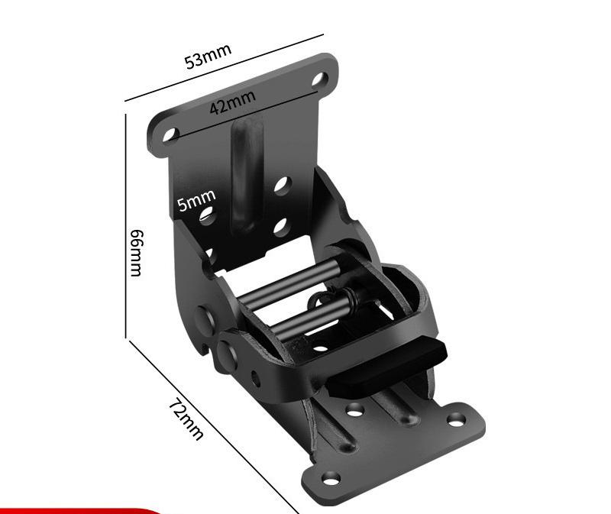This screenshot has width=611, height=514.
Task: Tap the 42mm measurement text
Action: (232, 102)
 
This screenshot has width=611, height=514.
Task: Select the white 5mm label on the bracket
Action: (196, 202)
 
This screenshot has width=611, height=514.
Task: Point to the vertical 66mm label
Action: (136, 252)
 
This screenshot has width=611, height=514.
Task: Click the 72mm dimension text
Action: (186, 419)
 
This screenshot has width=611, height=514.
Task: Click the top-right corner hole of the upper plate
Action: (319, 79)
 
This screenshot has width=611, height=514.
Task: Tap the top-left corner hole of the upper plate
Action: (170, 135)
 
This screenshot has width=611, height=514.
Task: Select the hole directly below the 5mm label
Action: (205, 217)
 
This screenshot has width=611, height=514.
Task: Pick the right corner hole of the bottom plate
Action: (456, 419)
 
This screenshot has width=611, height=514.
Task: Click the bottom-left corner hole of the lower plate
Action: (331, 478)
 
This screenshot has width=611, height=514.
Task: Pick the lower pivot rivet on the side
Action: (227, 349)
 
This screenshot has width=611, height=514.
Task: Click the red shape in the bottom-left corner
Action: (76, 509)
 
